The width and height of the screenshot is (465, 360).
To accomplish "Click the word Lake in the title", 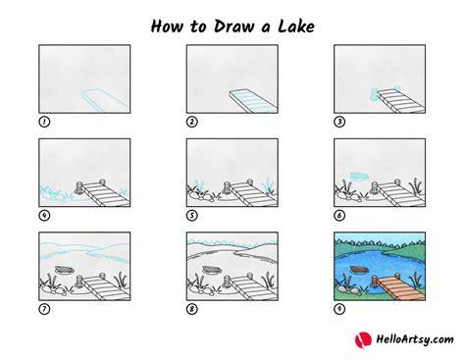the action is [296, 26].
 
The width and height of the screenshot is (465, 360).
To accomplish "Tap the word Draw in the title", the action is [233, 26].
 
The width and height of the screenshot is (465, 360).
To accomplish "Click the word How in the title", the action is [167, 26].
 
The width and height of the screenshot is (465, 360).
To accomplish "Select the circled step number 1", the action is [44, 122].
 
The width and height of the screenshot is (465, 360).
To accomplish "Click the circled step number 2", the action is [192, 122].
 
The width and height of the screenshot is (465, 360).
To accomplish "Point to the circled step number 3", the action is [339, 122].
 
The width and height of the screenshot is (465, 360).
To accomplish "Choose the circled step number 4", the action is [44, 216].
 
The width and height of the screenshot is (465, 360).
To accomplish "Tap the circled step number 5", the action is [192, 216].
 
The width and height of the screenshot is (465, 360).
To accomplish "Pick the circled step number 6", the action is [339, 216].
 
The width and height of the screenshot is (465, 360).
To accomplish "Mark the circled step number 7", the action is [44, 309].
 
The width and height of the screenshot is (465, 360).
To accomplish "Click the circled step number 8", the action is [192, 309].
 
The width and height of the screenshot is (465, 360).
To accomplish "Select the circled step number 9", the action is [339, 309].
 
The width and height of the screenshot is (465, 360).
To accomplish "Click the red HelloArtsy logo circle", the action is [363, 339].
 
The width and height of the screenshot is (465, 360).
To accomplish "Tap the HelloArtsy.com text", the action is [415, 339].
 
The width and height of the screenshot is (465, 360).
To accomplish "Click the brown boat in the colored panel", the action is [359, 270].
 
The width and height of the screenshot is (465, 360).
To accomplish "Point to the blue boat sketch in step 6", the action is [359, 177].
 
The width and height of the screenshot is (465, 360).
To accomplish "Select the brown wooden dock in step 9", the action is [400, 286].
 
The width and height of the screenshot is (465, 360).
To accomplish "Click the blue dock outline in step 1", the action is [104, 100].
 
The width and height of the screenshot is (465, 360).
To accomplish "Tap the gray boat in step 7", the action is [64, 270].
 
